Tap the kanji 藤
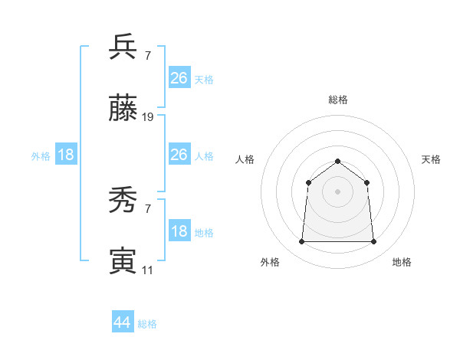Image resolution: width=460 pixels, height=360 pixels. click(x=123, y=109)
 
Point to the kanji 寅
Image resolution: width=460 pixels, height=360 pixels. click(x=123, y=261)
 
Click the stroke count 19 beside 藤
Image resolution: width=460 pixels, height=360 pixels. click(x=148, y=117)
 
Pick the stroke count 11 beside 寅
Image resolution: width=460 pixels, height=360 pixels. click(x=147, y=270)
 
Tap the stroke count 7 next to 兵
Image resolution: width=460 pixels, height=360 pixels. click(x=147, y=55)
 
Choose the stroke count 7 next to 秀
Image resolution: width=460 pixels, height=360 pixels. click(x=147, y=209)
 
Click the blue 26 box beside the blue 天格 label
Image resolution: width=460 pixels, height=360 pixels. click(x=179, y=77)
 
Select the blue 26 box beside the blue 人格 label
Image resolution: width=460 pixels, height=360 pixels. click(x=179, y=155)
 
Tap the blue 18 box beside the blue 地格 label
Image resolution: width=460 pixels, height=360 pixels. click(x=179, y=231)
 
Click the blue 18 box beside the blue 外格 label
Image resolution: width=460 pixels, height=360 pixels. click(x=66, y=155)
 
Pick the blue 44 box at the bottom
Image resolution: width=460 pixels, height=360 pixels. click(x=123, y=322)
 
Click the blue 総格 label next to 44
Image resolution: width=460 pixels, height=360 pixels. click(x=147, y=324)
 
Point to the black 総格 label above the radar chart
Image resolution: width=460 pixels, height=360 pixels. click(x=337, y=100)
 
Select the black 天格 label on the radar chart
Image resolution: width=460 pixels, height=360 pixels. click(x=431, y=159)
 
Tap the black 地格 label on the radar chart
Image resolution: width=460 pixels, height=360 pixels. click(x=402, y=262)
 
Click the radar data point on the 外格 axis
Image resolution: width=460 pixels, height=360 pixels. click(x=301, y=242)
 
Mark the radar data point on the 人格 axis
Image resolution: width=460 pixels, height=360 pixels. click(x=308, y=182)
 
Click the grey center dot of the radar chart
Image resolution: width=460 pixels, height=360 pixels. click(x=337, y=191)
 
